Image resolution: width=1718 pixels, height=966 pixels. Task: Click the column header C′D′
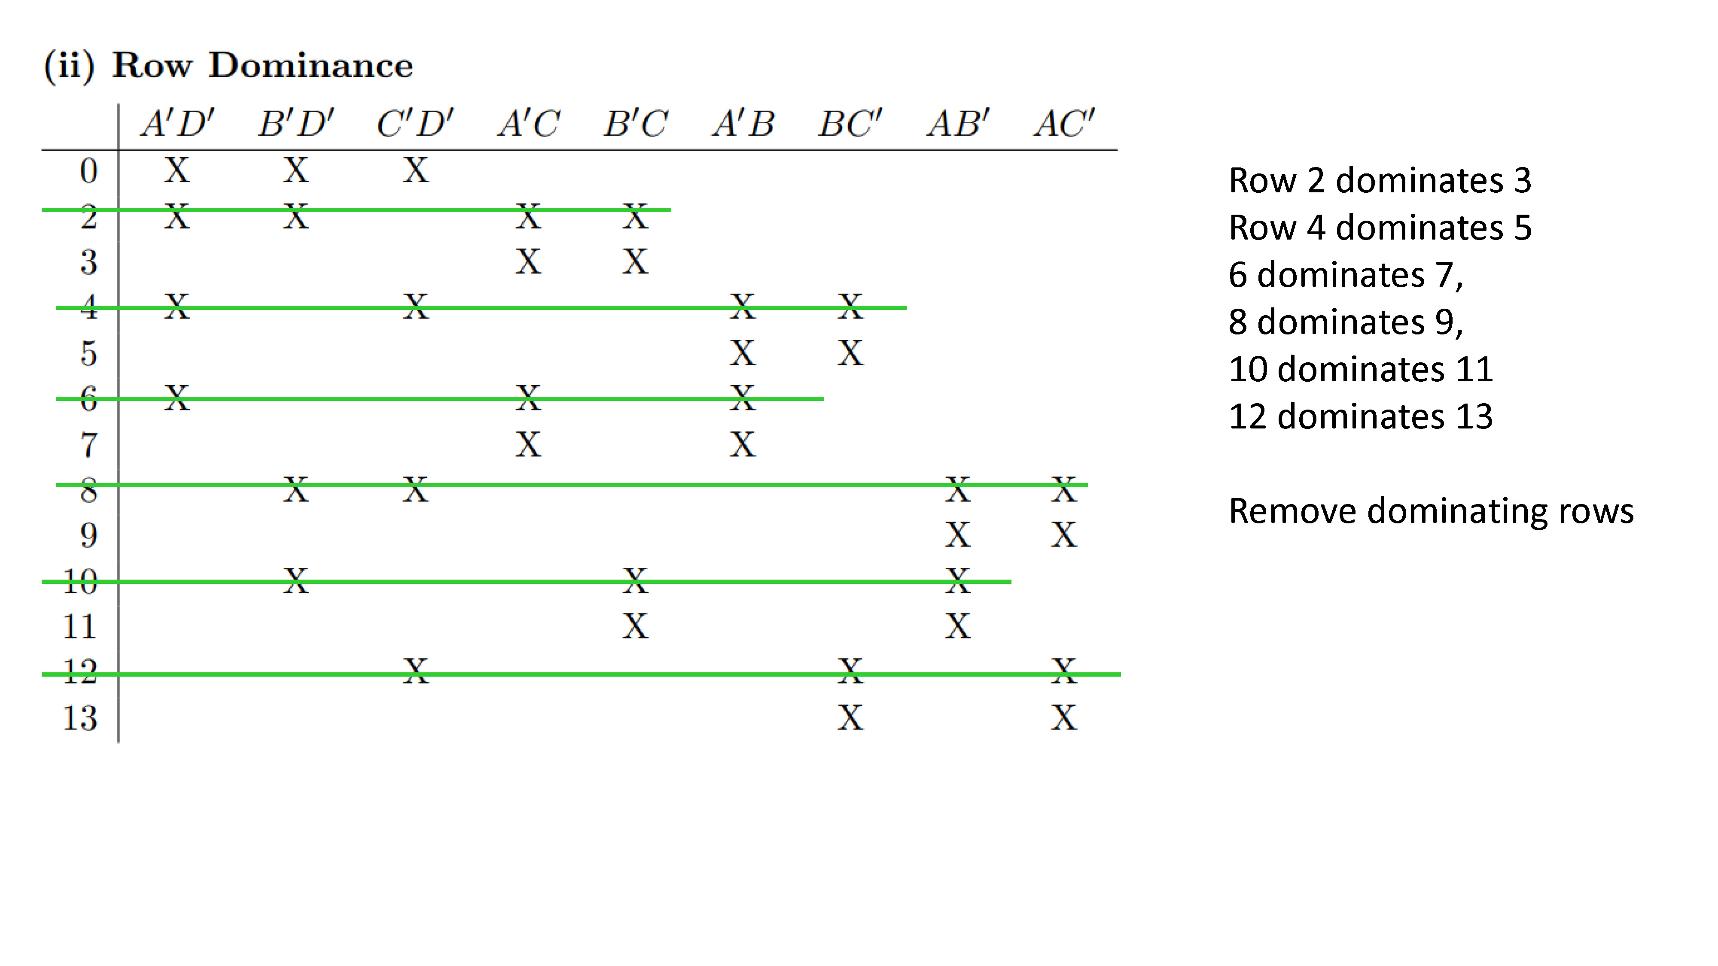pyautogui.click(x=415, y=123)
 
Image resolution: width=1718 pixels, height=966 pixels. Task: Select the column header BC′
pyautogui.click(x=850, y=123)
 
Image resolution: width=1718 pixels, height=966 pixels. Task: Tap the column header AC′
pyautogui.click(x=1064, y=123)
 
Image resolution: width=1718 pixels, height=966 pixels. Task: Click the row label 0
pyautogui.click(x=89, y=171)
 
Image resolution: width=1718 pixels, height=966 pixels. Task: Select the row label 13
pyautogui.click(x=80, y=718)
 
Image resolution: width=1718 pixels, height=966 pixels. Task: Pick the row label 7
pyautogui.click(x=89, y=445)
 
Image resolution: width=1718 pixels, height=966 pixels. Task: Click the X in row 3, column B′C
pyautogui.click(x=636, y=261)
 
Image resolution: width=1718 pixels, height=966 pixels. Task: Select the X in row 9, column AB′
pyautogui.click(x=958, y=535)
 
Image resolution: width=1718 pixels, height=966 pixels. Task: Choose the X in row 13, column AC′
pyautogui.click(x=1064, y=718)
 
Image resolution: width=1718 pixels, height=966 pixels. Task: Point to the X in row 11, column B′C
pyautogui.click(x=636, y=626)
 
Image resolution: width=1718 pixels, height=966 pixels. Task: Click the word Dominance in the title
pyautogui.click(x=311, y=65)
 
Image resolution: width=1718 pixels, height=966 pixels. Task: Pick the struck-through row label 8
pyautogui.click(x=89, y=490)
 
